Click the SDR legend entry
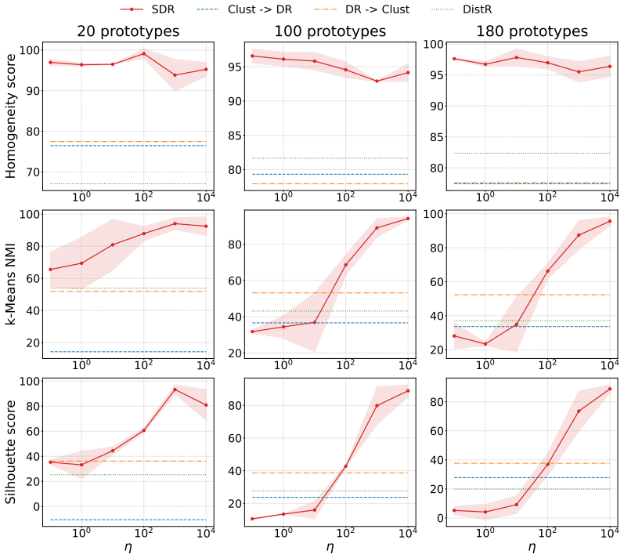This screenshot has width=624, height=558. tap(147, 9)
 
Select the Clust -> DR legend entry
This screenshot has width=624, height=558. tap(244, 9)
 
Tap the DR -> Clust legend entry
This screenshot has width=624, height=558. tap(362, 9)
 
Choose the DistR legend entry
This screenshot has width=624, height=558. tap(462, 9)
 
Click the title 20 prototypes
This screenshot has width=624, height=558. tap(128, 31)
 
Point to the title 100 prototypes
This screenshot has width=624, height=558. tap(330, 31)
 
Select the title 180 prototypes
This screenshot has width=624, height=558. tap(532, 31)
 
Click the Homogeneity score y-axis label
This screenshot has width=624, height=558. tap(10, 116)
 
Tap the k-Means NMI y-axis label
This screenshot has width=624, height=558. tap(10, 282)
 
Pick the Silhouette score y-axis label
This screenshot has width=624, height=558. tap(10, 452)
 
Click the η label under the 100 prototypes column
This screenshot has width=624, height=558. tap(330, 547)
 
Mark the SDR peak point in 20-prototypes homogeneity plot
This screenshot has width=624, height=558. tap(143, 53)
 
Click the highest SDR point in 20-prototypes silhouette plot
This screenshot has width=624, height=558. tap(175, 390)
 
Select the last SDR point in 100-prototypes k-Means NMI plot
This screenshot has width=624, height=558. tap(408, 218)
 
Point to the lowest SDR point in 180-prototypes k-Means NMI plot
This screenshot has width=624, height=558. tap(485, 344)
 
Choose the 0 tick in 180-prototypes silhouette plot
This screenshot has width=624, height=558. tap(439, 518)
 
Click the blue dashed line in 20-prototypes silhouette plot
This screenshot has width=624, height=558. tap(128, 520)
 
